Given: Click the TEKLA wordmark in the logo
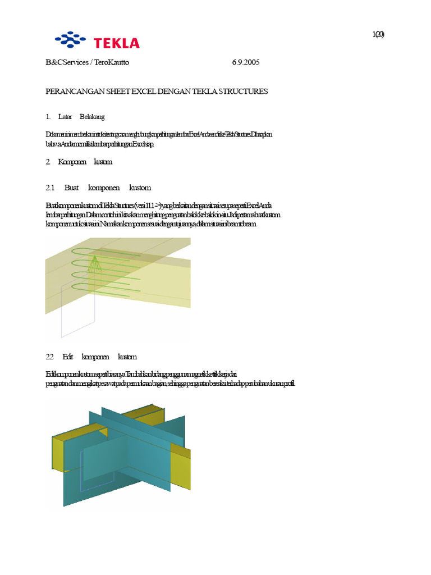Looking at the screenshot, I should pos(116,43).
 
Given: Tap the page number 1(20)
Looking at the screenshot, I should pos(378,34).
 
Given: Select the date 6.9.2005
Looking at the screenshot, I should pos(246,62).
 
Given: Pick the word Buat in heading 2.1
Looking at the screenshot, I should pos(72,188).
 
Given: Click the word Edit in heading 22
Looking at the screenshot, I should pos(68,357).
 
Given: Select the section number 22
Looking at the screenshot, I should pos(49,357).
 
